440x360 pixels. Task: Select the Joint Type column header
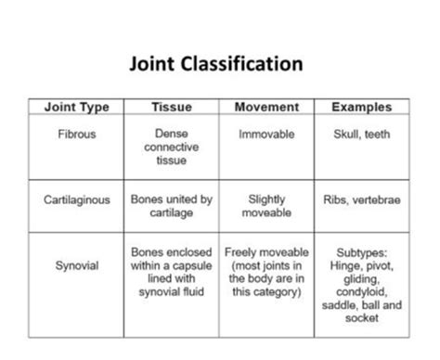pyautogui.click(x=76, y=108)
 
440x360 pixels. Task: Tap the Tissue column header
pyautogui.click(x=171, y=108)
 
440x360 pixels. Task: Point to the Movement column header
pyautogui.click(x=266, y=108)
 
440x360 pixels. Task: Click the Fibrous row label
pyautogui.click(x=76, y=135)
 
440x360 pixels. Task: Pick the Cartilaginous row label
pyautogui.click(x=76, y=199)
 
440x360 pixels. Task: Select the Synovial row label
pyautogui.click(x=76, y=264)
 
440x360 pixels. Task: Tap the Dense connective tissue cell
pyautogui.click(x=171, y=147)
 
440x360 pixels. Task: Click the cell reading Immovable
pyautogui.click(x=266, y=135)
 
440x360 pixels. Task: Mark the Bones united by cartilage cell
pyautogui.click(x=171, y=205)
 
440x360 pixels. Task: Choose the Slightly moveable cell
pyautogui.click(x=266, y=205)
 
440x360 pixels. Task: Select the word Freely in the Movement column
pyautogui.click(x=243, y=251)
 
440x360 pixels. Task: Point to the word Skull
pyautogui.click(x=347, y=135)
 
